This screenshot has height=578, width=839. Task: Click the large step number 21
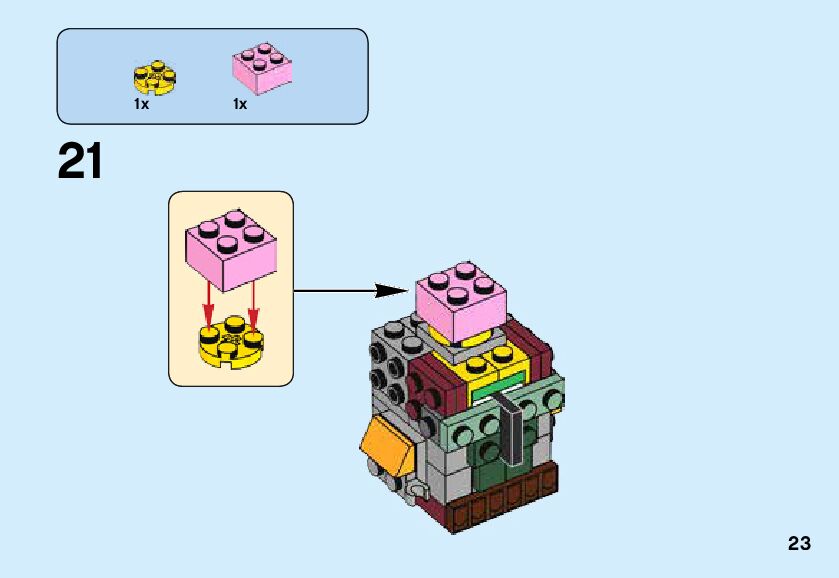click(x=81, y=161)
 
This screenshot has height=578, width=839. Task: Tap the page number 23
click(x=798, y=544)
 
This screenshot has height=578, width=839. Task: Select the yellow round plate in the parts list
click(x=153, y=78)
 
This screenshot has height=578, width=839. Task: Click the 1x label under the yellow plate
click(x=141, y=104)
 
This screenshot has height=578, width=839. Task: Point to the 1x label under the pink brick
click(x=240, y=104)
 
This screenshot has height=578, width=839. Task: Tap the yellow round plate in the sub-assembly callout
click(x=230, y=343)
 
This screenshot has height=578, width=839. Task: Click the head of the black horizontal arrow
click(x=391, y=291)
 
